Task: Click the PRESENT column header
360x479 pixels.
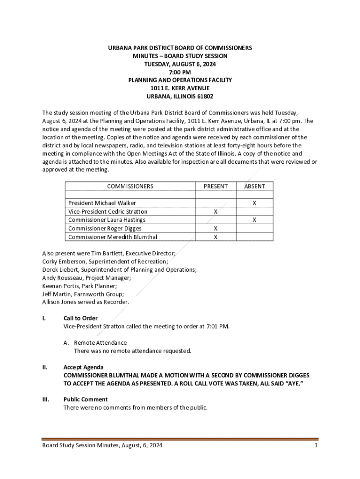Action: [x=216, y=186]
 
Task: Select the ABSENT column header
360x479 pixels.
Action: [x=254, y=186]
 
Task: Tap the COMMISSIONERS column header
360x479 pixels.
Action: [x=130, y=186]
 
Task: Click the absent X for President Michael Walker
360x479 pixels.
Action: [x=254, y=203]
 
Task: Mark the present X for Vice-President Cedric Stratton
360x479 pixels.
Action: [x=216, y=212]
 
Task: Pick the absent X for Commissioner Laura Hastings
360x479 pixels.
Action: [x=254, y=220]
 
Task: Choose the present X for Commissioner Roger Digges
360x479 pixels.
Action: [x=216, y=229]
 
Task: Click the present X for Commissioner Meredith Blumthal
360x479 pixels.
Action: [x=216, y=237]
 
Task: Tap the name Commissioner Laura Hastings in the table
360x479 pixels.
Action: [x=107, y=220]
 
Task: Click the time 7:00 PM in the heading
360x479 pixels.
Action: [x=180, y=72]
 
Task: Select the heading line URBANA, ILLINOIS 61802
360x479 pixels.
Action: [x=180, y=96]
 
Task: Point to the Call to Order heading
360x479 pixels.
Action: [x=80, y=318]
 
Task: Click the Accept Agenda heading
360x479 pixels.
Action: [x=83, y=367]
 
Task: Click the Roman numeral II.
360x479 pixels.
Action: [x=44, y=367]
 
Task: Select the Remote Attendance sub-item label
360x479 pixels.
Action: [x=100, y=342]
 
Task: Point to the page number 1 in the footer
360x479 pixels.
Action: [x=316, y=446]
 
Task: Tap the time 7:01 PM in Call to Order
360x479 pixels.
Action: [x=217, y=326]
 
